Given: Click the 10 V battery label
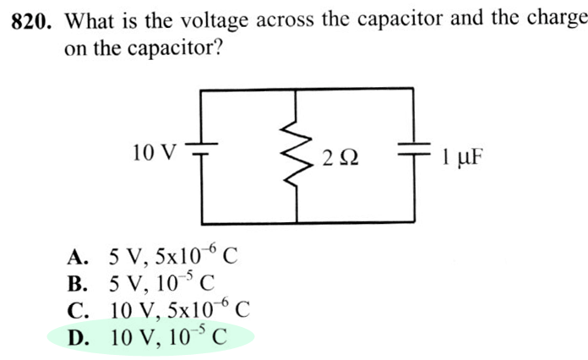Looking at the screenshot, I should pyautogui.click(x=155, y=153).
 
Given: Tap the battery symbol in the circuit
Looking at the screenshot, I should pyautogui.click(x=203, y=155).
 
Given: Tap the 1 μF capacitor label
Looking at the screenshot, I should pyautogui.click(x=460, y=157).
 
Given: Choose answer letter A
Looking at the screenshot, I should pyautogui.click(x=79, y=256).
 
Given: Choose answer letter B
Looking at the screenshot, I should pyautogui.click(x=79, y=282).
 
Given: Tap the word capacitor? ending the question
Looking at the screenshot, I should pyautogui.click(x=177, y=49).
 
